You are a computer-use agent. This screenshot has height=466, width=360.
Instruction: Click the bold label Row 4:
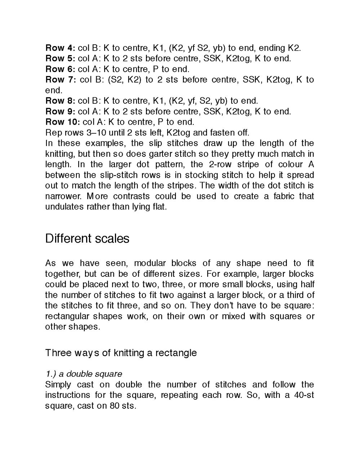(x=60, y=48)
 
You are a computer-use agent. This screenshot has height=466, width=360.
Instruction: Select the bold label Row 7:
(x=60, y=80)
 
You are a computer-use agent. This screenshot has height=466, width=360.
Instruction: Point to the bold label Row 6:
(x=60, y=69)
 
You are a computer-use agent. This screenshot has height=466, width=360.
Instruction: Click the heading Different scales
(x=87, y=239)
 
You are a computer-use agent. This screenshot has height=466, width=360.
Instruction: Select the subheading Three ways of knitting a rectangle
(x=121, y=352)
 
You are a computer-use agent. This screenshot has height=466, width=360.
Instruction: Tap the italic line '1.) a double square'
(x=84, y=374)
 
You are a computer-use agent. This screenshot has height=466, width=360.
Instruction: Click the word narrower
(x=62, y=196)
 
